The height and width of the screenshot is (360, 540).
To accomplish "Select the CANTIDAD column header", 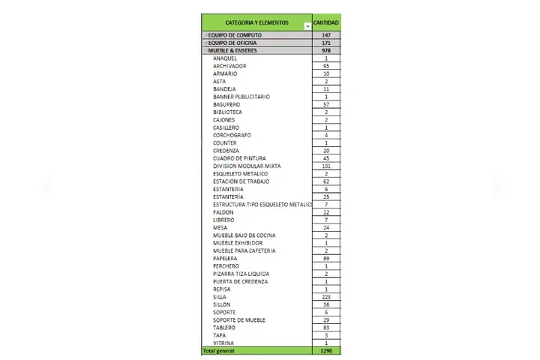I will click(326, 23).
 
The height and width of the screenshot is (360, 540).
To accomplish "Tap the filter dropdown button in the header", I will click(307, 27).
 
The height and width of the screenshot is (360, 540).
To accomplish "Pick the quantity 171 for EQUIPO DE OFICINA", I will click(326, 43).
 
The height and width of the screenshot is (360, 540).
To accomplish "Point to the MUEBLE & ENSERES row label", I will click(233, 50).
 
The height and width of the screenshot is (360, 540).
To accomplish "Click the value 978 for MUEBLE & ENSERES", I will click(326, 50).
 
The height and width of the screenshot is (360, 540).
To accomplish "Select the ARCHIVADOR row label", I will click(229, 66).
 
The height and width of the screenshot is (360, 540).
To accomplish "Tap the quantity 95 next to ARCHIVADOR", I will click(326, 66).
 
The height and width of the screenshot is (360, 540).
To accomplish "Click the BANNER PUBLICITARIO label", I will click(241, 97).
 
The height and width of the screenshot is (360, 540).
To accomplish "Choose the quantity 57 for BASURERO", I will click(326, 104).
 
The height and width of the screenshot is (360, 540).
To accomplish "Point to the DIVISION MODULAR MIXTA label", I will click(245, 166).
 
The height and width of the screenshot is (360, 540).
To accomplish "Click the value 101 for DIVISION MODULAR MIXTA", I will click(326, 166).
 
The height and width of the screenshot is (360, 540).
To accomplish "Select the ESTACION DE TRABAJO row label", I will click(241, 181).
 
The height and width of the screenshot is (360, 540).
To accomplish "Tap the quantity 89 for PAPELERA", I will click(326, 258).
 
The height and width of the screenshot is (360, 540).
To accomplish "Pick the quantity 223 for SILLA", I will click(326, 297).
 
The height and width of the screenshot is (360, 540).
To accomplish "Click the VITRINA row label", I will click(223, 343).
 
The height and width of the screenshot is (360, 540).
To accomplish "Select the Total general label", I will click(220, 350).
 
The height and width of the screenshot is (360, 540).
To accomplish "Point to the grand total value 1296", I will click(326, 350).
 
